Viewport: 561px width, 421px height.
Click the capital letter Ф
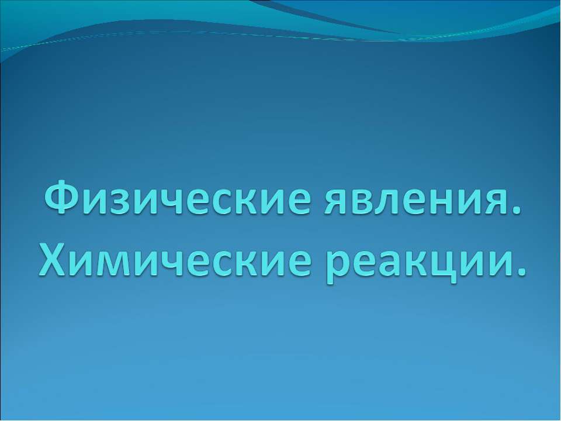[63, 198]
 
